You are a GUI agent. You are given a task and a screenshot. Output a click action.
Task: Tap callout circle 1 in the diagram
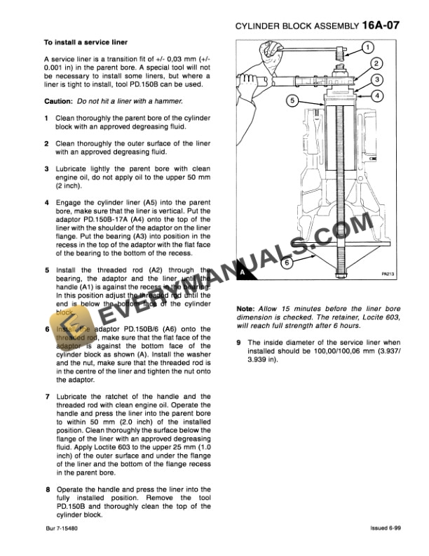click(368, 48)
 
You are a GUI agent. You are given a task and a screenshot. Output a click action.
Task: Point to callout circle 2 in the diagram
click(376, 64)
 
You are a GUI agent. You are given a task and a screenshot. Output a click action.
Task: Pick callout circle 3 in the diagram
click(377, 80)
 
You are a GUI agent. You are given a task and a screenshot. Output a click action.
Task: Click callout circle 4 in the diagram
click(377, 95)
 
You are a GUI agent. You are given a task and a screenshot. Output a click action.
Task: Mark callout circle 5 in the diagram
click(294, 100)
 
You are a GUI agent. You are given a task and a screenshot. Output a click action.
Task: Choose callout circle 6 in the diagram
click(285, 264)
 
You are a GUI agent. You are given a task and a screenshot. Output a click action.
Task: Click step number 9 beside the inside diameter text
click(240, 342)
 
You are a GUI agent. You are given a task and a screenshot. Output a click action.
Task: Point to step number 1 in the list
click(46, 117)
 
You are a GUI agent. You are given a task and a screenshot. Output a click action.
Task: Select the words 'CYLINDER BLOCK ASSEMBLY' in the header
click(295, 27)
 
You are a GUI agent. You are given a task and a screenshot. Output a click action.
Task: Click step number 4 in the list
click(46, 201)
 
